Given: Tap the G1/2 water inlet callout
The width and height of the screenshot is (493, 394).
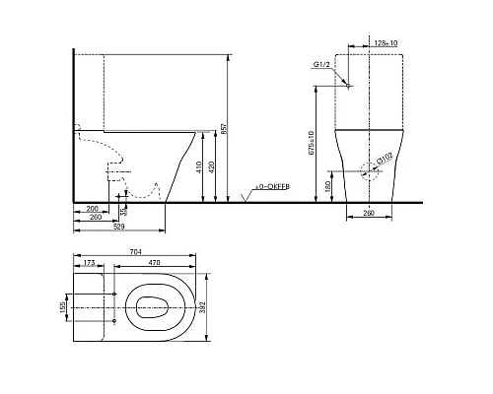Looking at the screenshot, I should point(320,65).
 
